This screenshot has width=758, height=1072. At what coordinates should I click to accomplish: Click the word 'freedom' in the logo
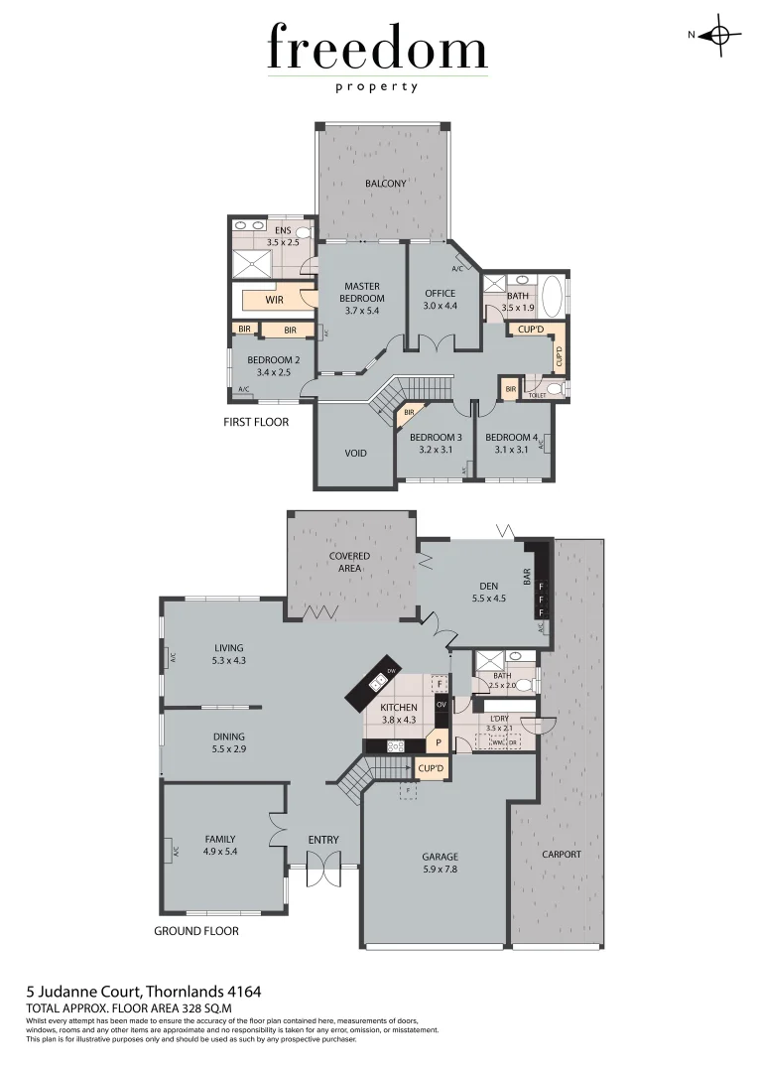(x=377, y=50)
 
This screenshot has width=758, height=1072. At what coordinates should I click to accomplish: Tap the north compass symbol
(x=719, y=36)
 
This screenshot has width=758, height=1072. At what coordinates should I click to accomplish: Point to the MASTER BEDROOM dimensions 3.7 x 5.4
(x=362, y=311)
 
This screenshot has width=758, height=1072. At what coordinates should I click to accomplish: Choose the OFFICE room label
(x=440, y=293)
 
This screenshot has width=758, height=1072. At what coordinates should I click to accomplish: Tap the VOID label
(x=355, y=454)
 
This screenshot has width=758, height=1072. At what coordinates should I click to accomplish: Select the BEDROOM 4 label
(x=511, y=438)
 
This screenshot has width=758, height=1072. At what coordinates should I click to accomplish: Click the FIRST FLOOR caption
(x=256, y=422)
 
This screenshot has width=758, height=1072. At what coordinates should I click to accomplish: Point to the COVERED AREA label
(x=349, y=562)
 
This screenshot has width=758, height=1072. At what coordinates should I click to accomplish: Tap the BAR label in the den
(x=527, y=575)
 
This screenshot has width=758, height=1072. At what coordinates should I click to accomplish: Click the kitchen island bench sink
(x=378, y=682)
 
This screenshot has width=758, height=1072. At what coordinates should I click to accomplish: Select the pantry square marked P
(x=439, y=742)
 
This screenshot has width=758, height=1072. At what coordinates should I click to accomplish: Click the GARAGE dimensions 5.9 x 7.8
(x=440, y=870)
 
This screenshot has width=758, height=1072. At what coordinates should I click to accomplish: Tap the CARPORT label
(x=562, y=854)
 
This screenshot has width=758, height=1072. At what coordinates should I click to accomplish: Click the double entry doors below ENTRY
(x=323, y=872)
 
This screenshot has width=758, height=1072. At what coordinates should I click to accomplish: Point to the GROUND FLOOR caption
(x=196, y=931)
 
